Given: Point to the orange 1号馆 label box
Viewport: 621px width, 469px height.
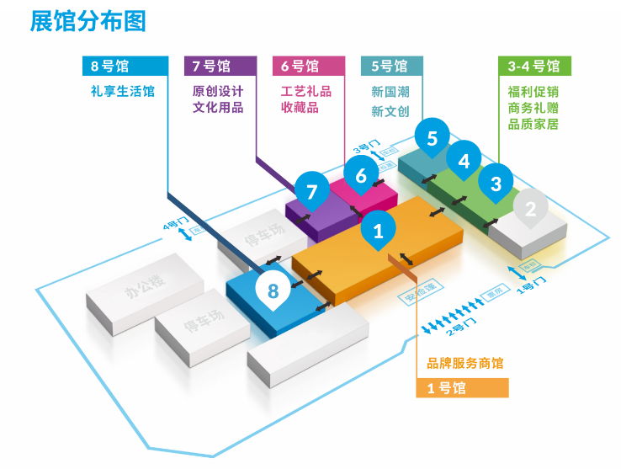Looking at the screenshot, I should [463, 388].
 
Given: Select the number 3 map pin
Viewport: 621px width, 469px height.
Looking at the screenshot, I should [496, 182].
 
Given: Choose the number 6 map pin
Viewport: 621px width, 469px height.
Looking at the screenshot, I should [361, 175].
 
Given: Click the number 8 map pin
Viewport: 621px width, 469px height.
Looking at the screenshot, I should [273, 291].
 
